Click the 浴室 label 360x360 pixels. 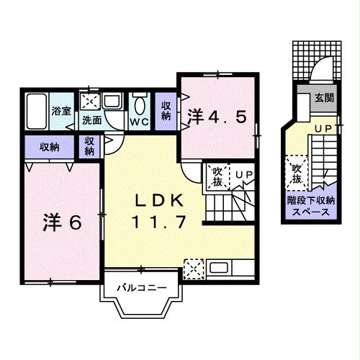coord(61,111)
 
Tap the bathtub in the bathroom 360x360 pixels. coord(35,111)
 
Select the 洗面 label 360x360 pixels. coord(91,120)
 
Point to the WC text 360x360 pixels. coord(138,122)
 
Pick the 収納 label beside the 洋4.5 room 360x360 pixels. coord(166,110)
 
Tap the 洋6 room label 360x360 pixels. coord(60,222)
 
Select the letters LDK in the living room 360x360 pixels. coord(161,200)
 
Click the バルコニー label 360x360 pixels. coord(143,289)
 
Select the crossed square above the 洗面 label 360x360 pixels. coord(90,102)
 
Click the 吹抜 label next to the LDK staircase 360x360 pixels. coord(216,177)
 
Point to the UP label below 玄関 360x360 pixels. coord(323,128)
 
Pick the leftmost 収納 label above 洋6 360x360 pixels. coord(50,146)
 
